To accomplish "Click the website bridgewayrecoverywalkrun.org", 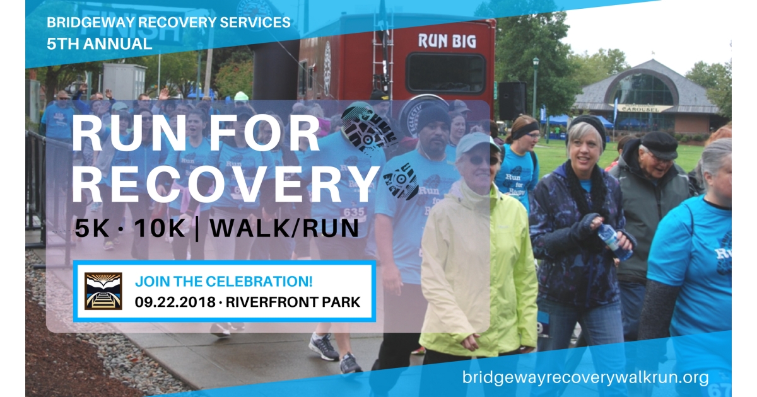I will (x=585, y=377).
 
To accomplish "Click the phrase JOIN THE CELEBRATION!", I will (x=224, y=281).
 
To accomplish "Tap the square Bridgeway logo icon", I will (x=103, y=291).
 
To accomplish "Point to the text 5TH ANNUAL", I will (x=99, y=44).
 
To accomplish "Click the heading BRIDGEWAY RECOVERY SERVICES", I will (x=168, y=23).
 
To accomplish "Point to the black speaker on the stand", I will (x=512, y=100).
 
